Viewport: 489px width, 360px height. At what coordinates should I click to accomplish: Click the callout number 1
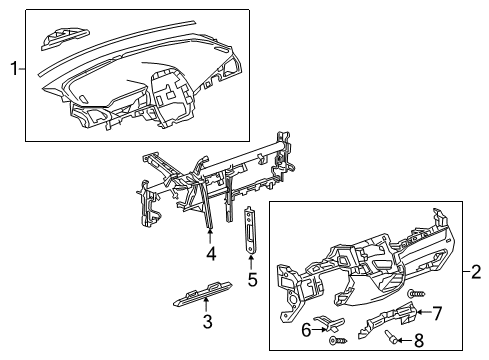tap(12, 69)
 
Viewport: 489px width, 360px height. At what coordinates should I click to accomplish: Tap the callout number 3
tap(207, 322)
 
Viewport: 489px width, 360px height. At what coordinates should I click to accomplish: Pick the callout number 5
tap(252, 279)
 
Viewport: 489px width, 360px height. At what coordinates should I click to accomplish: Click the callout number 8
tap(418, 342)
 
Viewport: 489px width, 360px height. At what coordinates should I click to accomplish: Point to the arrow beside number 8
tap(402, 341)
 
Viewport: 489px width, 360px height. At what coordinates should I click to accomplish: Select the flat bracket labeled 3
tap(200, 292)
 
